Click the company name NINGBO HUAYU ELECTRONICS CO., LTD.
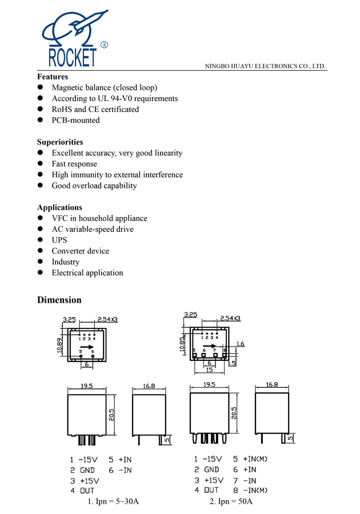tap(265, 66)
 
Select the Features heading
tap(53, 77)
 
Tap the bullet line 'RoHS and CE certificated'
tap(95, 109)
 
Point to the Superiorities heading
tap(60, 142)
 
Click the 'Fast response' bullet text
tap(74, 164)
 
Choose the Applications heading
tap(59, 207)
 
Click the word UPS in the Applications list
tap(59, 240)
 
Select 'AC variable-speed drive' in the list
tap(93, 229)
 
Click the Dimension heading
tap(59, 300)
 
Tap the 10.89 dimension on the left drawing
tap(59, 345)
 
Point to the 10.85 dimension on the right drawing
tap(183, 344)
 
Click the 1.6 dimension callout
tap(240, 344)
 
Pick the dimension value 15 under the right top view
tap(210, 370)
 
